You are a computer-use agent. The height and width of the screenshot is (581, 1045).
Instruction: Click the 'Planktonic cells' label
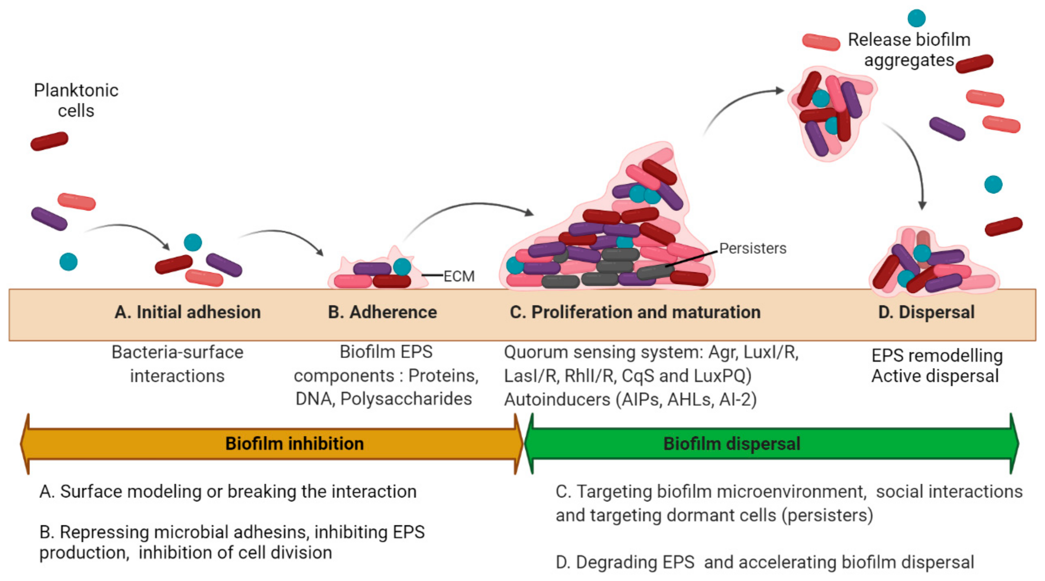click(x=76, y=100)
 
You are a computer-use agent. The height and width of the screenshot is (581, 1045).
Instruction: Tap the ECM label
click(x=459, y=276)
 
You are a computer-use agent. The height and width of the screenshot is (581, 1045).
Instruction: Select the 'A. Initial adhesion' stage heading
click(x=188, y=312)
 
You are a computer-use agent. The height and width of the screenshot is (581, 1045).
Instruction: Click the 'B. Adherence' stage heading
click(x=382, y=312)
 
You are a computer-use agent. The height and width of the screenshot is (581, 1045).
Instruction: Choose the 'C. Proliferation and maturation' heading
click(x=635, y=312)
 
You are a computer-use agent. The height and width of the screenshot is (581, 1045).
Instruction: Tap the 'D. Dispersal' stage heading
click(x=926, y=312)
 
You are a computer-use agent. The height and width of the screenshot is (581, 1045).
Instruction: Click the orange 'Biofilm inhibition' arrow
click(x=271, y=443)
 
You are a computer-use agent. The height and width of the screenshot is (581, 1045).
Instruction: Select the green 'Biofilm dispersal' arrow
click(x=772, y=443)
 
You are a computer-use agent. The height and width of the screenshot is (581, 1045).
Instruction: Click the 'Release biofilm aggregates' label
click(x=909, y=49)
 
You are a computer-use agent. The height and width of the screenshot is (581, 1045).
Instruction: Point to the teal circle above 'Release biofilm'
click(x=916, y=18)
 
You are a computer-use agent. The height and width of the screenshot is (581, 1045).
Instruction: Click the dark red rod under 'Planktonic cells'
click(x=49, y=141)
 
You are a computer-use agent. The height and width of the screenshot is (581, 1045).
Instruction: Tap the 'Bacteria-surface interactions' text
click(x=177, y=364)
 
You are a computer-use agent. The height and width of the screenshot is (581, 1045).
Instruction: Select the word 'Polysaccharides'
click(x=406, y=399)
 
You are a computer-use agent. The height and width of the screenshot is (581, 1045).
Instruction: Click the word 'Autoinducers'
click(x=557, y=400)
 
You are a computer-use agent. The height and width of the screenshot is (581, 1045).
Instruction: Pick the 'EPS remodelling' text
click(x=937, y=355)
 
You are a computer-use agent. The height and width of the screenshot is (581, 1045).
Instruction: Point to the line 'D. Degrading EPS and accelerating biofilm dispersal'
click(x=765, y=562)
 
